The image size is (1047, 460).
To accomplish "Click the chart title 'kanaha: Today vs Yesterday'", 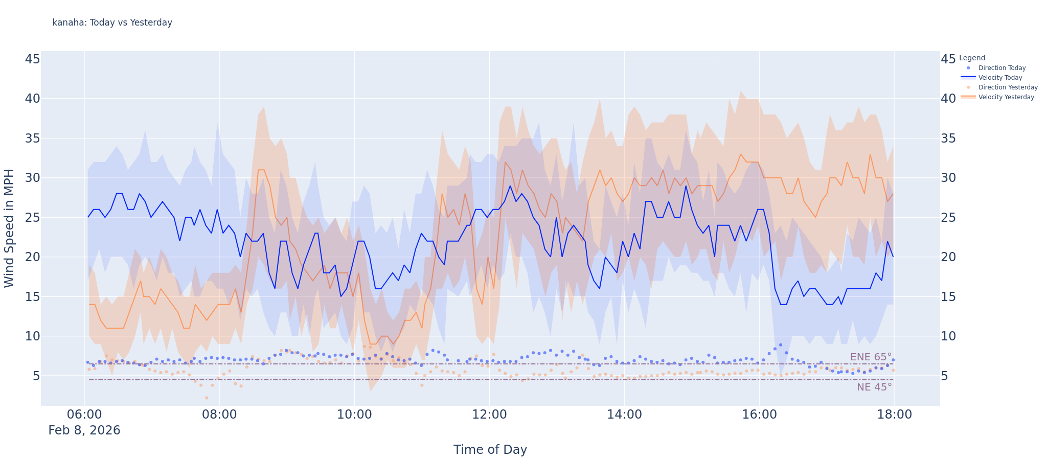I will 112,22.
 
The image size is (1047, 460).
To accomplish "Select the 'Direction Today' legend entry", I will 1002,68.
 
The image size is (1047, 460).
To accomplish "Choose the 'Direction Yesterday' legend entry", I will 1008,87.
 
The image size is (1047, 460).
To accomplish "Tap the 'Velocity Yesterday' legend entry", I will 1006,97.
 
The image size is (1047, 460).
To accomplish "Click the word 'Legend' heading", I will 972,58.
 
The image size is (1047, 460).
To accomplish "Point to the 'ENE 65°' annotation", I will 871,357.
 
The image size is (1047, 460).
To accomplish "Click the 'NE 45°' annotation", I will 874,387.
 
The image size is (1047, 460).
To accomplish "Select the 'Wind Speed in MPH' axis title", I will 9,228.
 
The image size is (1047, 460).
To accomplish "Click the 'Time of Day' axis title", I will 490,450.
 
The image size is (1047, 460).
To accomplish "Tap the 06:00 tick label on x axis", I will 84,415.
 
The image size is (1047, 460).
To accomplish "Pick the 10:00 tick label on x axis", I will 354,415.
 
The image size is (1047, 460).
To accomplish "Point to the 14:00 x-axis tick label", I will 624,415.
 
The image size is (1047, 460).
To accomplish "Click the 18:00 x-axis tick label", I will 894,415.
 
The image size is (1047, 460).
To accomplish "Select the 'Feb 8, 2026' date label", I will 84,430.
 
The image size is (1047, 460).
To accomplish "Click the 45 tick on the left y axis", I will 32,59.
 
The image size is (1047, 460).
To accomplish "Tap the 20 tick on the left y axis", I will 32,257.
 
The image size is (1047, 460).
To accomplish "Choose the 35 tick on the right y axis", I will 948,139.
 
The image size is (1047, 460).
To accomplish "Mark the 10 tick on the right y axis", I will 948,336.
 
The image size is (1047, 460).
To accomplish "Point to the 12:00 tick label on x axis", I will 489,415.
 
